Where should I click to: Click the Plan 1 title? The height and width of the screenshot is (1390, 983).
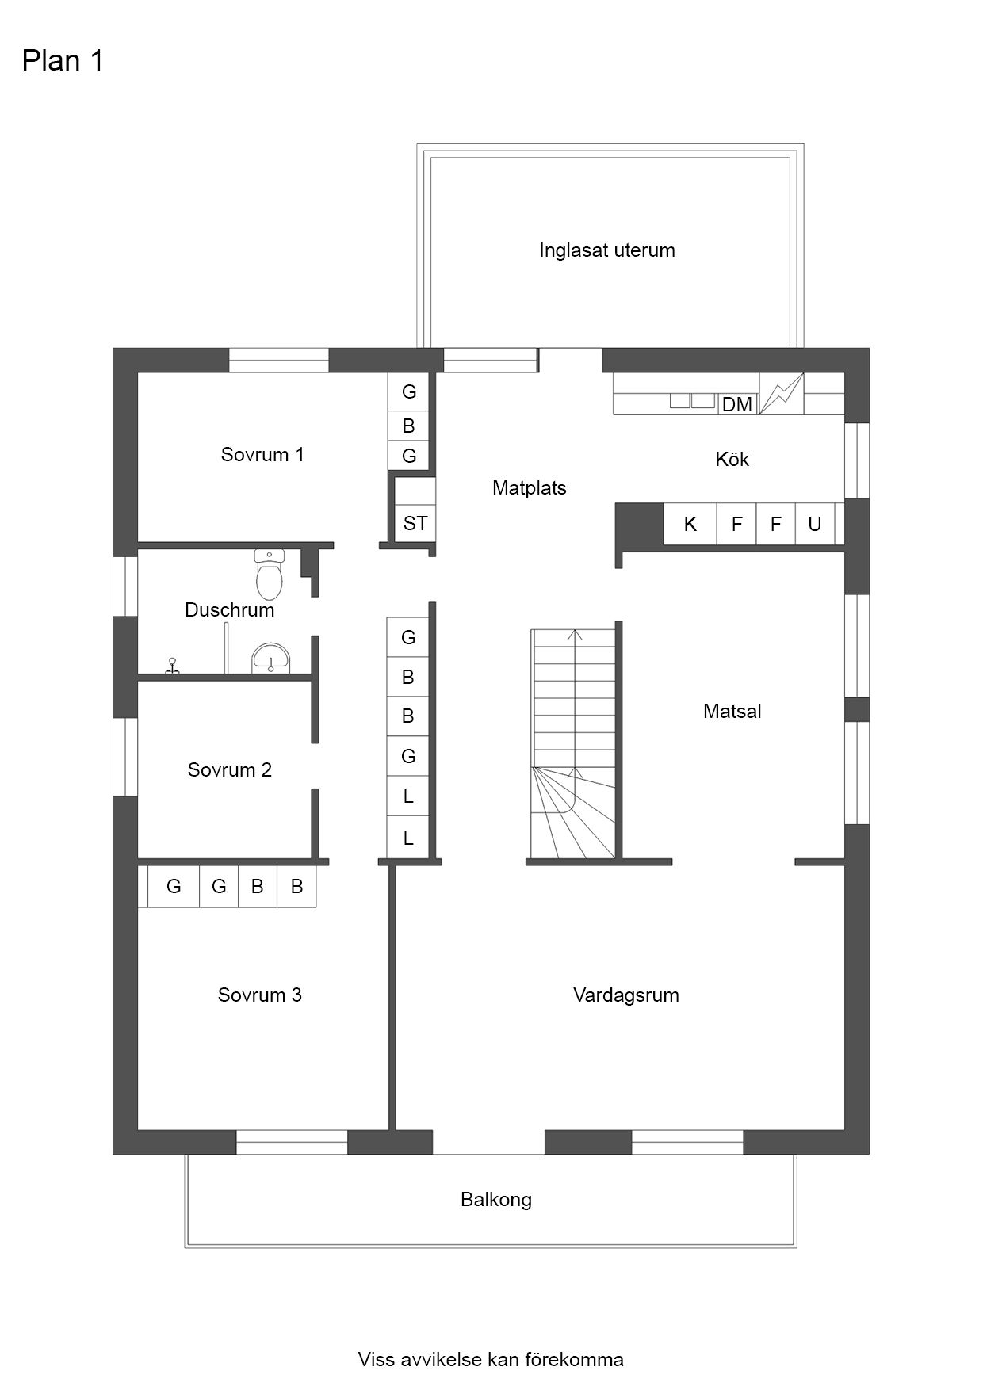63,61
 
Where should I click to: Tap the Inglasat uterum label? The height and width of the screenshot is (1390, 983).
607,250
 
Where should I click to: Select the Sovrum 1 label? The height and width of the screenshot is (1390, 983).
262,455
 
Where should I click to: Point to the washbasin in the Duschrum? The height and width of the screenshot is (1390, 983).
271,659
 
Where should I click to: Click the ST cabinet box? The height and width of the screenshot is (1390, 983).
415,523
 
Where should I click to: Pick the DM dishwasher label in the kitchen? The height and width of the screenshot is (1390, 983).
737,404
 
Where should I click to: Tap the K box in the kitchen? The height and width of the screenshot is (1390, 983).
690,524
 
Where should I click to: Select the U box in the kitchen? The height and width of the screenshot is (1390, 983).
815,524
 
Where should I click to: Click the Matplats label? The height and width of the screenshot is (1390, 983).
530,488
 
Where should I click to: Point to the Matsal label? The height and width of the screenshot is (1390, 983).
732,712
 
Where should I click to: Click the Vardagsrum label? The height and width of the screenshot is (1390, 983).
626,995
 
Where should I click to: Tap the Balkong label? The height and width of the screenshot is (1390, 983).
496,1200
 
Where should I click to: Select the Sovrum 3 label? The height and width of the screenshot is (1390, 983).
260,995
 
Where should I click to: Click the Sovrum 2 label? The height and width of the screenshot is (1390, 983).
230,770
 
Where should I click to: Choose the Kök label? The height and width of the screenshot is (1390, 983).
732,460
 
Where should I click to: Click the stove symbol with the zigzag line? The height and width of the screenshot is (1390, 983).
782,394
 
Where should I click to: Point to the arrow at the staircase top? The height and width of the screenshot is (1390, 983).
576,635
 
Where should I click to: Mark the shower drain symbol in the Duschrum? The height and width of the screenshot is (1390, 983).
171,667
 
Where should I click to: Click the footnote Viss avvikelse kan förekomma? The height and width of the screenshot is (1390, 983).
491,1360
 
